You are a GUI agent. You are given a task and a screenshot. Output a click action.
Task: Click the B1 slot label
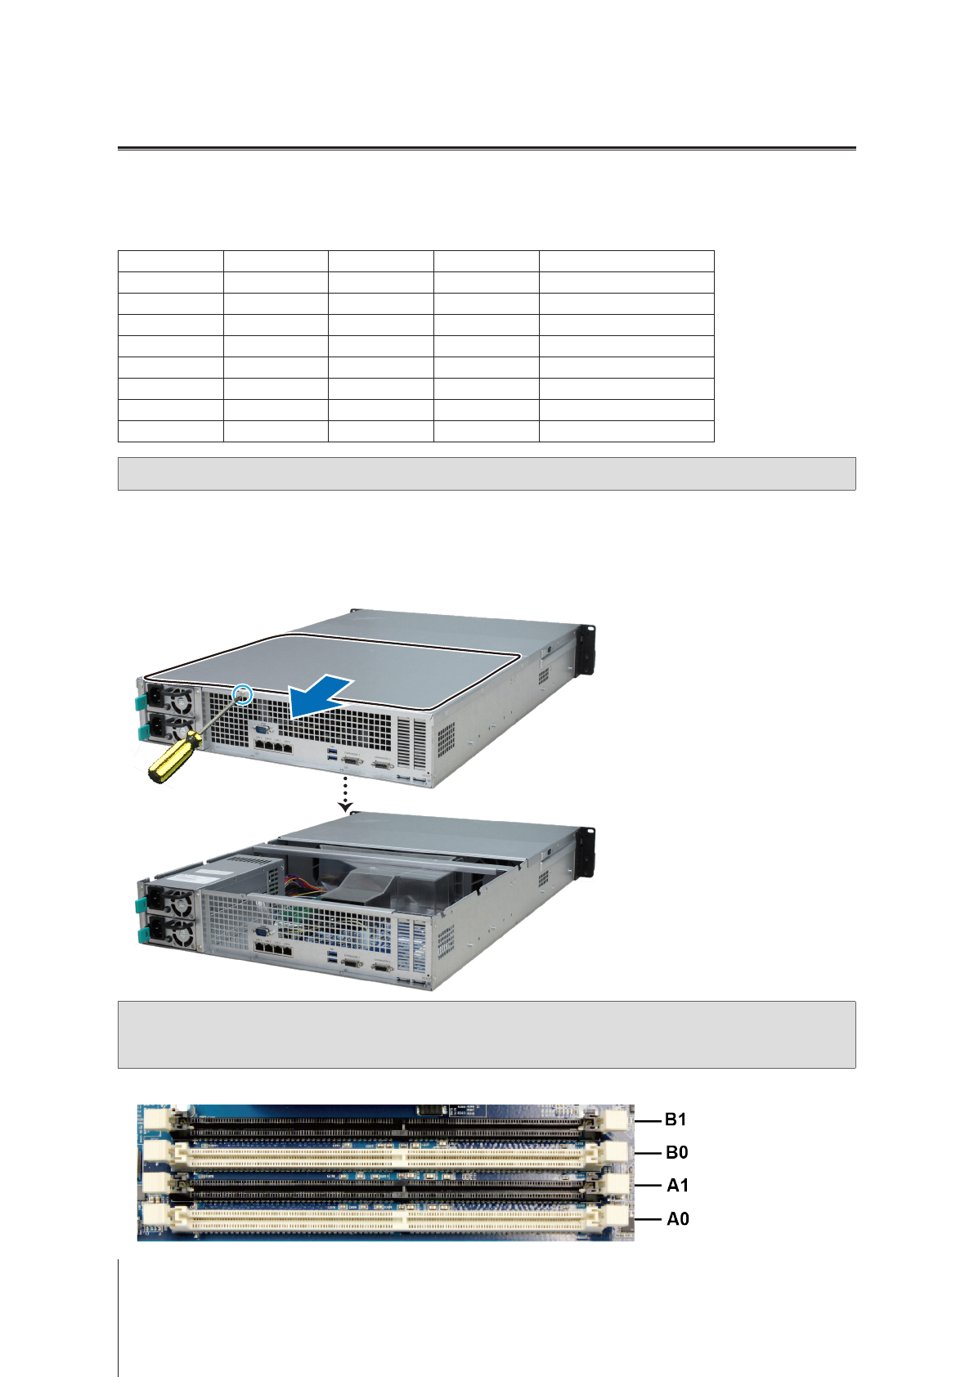(676, 1119)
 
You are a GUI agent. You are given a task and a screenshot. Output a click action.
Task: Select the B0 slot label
(676, 1152)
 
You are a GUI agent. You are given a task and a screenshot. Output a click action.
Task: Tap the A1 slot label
(677, 1185)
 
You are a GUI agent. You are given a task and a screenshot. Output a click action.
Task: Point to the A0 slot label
(677, 1218)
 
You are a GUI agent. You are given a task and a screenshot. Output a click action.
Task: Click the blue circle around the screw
(243, 694)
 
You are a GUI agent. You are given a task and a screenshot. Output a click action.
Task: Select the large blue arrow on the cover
(321, 697)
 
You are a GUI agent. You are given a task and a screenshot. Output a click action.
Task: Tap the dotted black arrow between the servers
(346, 793)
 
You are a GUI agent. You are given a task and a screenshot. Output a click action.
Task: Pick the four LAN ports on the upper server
(272, 746)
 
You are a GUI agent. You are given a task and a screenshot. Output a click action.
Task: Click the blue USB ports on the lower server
(332, 958)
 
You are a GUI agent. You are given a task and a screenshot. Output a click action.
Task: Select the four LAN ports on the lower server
(272, 949)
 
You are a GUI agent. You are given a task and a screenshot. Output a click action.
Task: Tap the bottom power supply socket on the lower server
(155, 932)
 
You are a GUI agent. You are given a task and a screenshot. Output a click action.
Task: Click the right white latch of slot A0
(617, 1217)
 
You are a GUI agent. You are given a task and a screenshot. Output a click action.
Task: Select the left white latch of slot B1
(156, 1118)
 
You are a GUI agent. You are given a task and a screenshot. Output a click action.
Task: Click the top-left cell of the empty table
(170, 261)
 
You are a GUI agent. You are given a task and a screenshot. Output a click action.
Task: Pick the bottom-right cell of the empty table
(626, 431)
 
